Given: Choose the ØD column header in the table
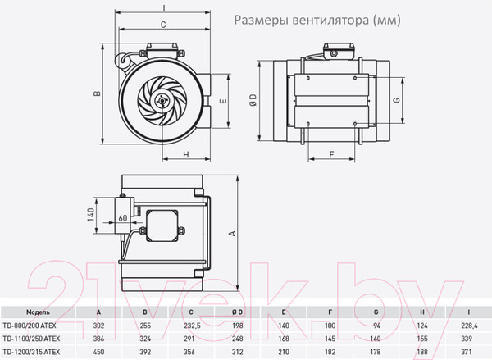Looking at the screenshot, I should pyautogui.click(x=237, y=312).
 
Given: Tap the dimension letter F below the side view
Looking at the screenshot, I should pyautogui.click(x=333, y=153).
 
